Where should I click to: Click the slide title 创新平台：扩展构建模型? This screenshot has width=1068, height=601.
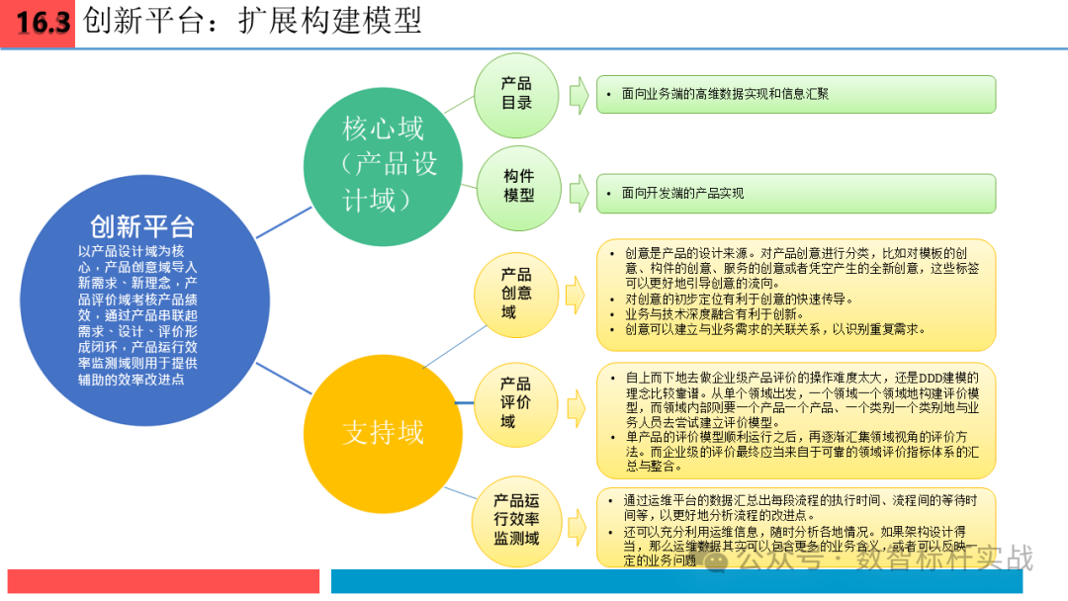252,21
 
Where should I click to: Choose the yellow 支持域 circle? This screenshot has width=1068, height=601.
383,432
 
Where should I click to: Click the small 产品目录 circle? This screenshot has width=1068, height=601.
517,94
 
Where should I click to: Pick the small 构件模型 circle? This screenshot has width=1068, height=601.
518,186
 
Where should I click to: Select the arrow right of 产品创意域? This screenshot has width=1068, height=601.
575,295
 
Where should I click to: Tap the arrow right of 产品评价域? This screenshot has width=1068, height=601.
575,406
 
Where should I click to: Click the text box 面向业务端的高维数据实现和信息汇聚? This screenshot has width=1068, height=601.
795,94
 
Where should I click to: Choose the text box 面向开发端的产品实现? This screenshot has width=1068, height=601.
795,194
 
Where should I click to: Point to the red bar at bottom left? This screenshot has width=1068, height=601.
163,581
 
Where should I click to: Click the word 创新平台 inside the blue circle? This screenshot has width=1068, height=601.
142,226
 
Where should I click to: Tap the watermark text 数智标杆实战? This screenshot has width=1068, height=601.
944,558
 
